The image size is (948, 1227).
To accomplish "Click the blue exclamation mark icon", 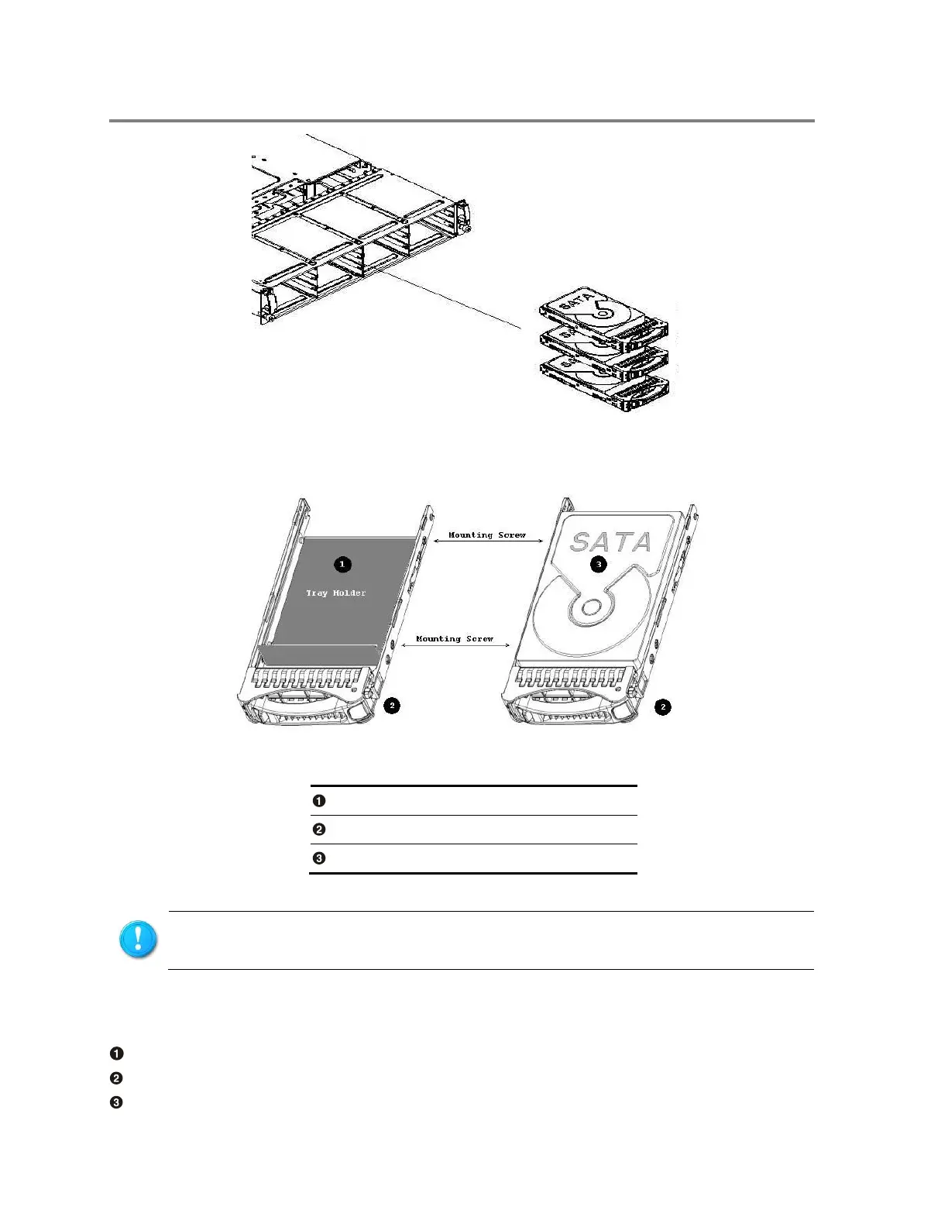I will point(138,940).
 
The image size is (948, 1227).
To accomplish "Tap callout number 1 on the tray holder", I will point(343,564).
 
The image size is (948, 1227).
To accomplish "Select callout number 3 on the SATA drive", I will point(599,565).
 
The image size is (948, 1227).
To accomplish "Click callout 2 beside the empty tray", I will point(393,706).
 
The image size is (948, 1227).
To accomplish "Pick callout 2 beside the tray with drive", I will point(663,706).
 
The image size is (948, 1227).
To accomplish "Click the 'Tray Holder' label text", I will point(335,593).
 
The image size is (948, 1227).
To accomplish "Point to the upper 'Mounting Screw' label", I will point(487,534).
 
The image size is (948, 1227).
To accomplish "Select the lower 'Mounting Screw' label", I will point(455,638).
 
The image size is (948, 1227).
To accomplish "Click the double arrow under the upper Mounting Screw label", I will point(488,541).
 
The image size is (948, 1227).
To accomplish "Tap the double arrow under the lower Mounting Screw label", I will point(455,645).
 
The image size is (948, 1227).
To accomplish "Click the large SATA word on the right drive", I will point(610,541).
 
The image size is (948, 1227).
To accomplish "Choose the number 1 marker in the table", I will point(319,800).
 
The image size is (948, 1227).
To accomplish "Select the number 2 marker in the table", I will point(319,830).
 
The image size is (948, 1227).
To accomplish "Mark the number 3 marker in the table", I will point(319,858).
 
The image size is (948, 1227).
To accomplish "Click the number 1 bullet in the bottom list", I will point(116,1053).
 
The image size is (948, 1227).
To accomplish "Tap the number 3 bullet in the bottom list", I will point(116,1102).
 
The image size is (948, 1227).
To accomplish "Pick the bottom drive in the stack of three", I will point(604,383).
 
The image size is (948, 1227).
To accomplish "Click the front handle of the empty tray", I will point(310,709).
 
